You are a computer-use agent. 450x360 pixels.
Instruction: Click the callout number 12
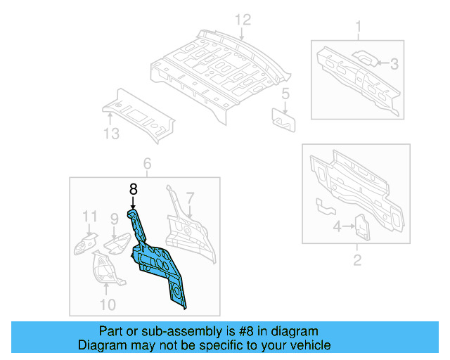coord(242,20)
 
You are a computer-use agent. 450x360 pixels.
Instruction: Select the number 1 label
coord(358,28)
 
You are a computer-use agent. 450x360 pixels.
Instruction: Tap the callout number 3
coord(394,64)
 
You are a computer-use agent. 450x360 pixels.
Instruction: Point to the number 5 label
coord(285,94)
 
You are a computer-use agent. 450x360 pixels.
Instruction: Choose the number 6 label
coord(147,164)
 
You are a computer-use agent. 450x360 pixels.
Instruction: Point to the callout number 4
coord(336,226)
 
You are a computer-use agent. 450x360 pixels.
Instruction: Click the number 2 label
coord(356,262)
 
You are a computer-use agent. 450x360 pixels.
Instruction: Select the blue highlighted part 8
coord(158,260)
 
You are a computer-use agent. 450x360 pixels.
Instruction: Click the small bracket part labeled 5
coord(284,119)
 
